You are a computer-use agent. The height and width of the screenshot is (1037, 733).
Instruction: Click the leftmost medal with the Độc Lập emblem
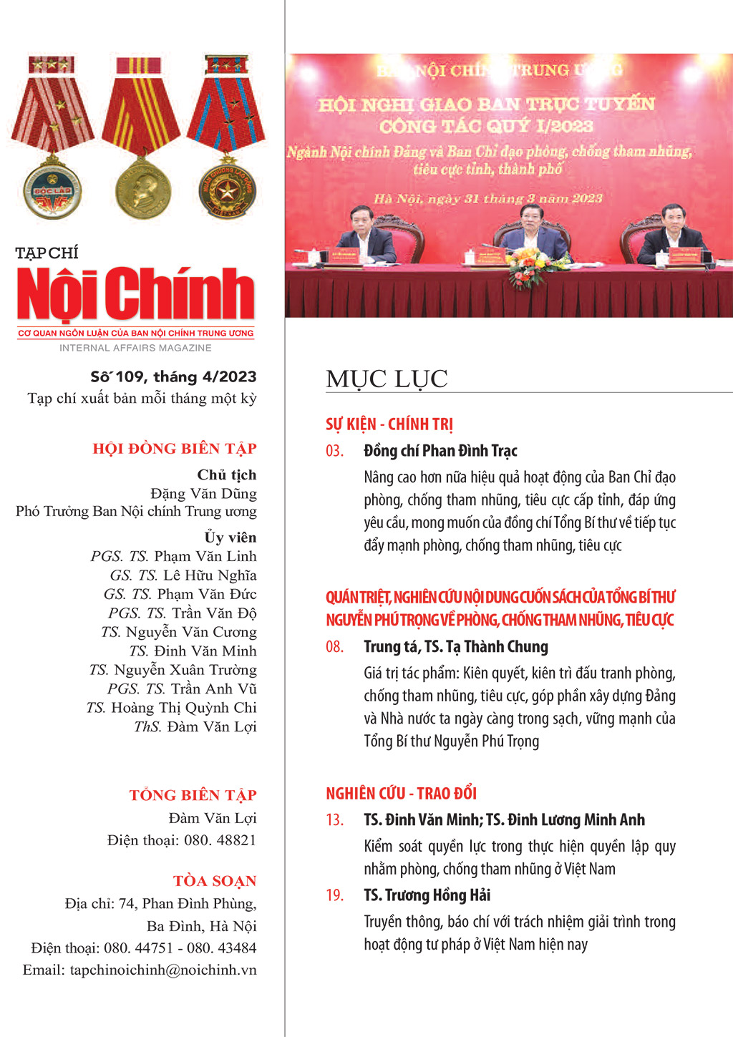coord(53,190)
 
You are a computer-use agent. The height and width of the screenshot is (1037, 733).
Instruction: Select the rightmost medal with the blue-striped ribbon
coord(227,190)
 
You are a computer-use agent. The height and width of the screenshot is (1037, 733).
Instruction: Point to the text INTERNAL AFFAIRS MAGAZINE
coord(135,348)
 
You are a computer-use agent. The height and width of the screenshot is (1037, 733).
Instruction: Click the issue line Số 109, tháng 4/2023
coord(173,376)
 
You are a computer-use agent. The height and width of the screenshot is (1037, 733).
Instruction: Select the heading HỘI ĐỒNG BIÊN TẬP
coord(175,449)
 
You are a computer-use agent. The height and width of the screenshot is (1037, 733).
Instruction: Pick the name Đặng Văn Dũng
coord(203,493)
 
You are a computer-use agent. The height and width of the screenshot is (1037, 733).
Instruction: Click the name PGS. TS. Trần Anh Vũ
coord(182,688)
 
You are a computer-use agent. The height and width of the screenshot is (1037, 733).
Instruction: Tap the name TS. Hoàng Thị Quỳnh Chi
coord(171,707)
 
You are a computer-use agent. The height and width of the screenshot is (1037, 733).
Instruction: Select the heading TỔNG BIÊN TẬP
coord(193,795)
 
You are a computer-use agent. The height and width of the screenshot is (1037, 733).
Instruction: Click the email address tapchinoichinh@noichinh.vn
coord(140,970)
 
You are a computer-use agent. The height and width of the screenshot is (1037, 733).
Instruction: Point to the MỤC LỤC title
coord(387,379)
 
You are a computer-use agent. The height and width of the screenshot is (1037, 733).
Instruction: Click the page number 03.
coord(334,451)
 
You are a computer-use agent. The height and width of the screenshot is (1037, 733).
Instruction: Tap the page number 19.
coord(334,895)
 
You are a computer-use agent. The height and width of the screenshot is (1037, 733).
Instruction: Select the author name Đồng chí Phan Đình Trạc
coord(440,451)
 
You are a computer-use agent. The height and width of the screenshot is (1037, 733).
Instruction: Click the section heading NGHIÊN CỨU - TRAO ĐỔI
coord(401,793)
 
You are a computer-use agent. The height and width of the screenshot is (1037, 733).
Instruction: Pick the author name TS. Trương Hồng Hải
coord(427,895)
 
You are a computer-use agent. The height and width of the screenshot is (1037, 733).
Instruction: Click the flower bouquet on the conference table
coord(530,266)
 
